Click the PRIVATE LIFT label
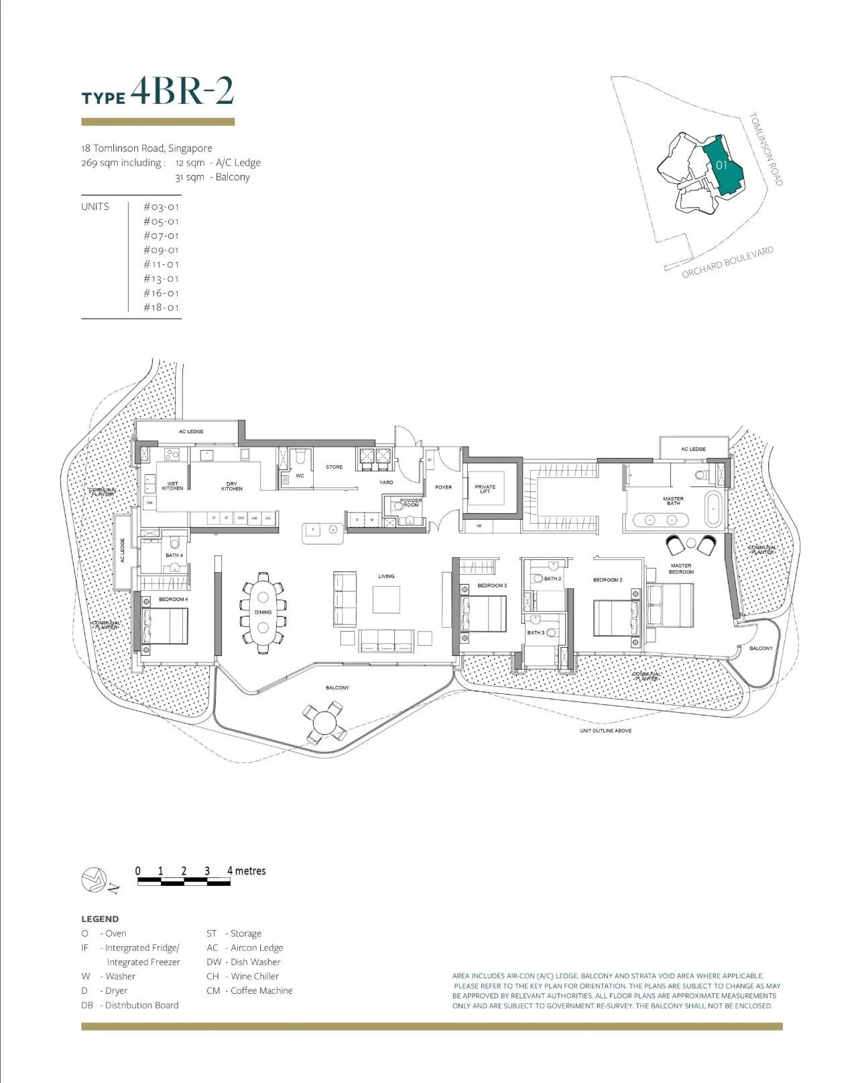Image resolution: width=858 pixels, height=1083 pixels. coord(485,489)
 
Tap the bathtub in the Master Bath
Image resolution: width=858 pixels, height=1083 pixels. coord(713,509)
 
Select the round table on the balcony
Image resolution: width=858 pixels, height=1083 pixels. coord(325,722)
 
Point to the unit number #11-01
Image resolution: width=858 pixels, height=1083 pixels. coord(161,264)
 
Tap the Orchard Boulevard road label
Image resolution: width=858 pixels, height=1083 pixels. coord(727,262)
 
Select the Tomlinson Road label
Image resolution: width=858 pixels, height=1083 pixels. coord(766,149)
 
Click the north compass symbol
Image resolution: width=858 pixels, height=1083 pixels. coord(94,880)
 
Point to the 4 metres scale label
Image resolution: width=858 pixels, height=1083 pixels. coord(246,870)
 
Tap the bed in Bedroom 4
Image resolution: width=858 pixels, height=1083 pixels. coord(164,625)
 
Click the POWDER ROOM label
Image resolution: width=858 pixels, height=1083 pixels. coord(410,503)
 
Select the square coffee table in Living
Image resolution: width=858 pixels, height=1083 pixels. coord(386,600)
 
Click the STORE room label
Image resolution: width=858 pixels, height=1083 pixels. coord(334,467)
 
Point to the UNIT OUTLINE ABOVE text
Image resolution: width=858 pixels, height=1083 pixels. coord(605,730)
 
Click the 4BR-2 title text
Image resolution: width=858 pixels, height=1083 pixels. coord(182,93)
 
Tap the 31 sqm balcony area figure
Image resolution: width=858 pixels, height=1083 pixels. coord(190,177)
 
